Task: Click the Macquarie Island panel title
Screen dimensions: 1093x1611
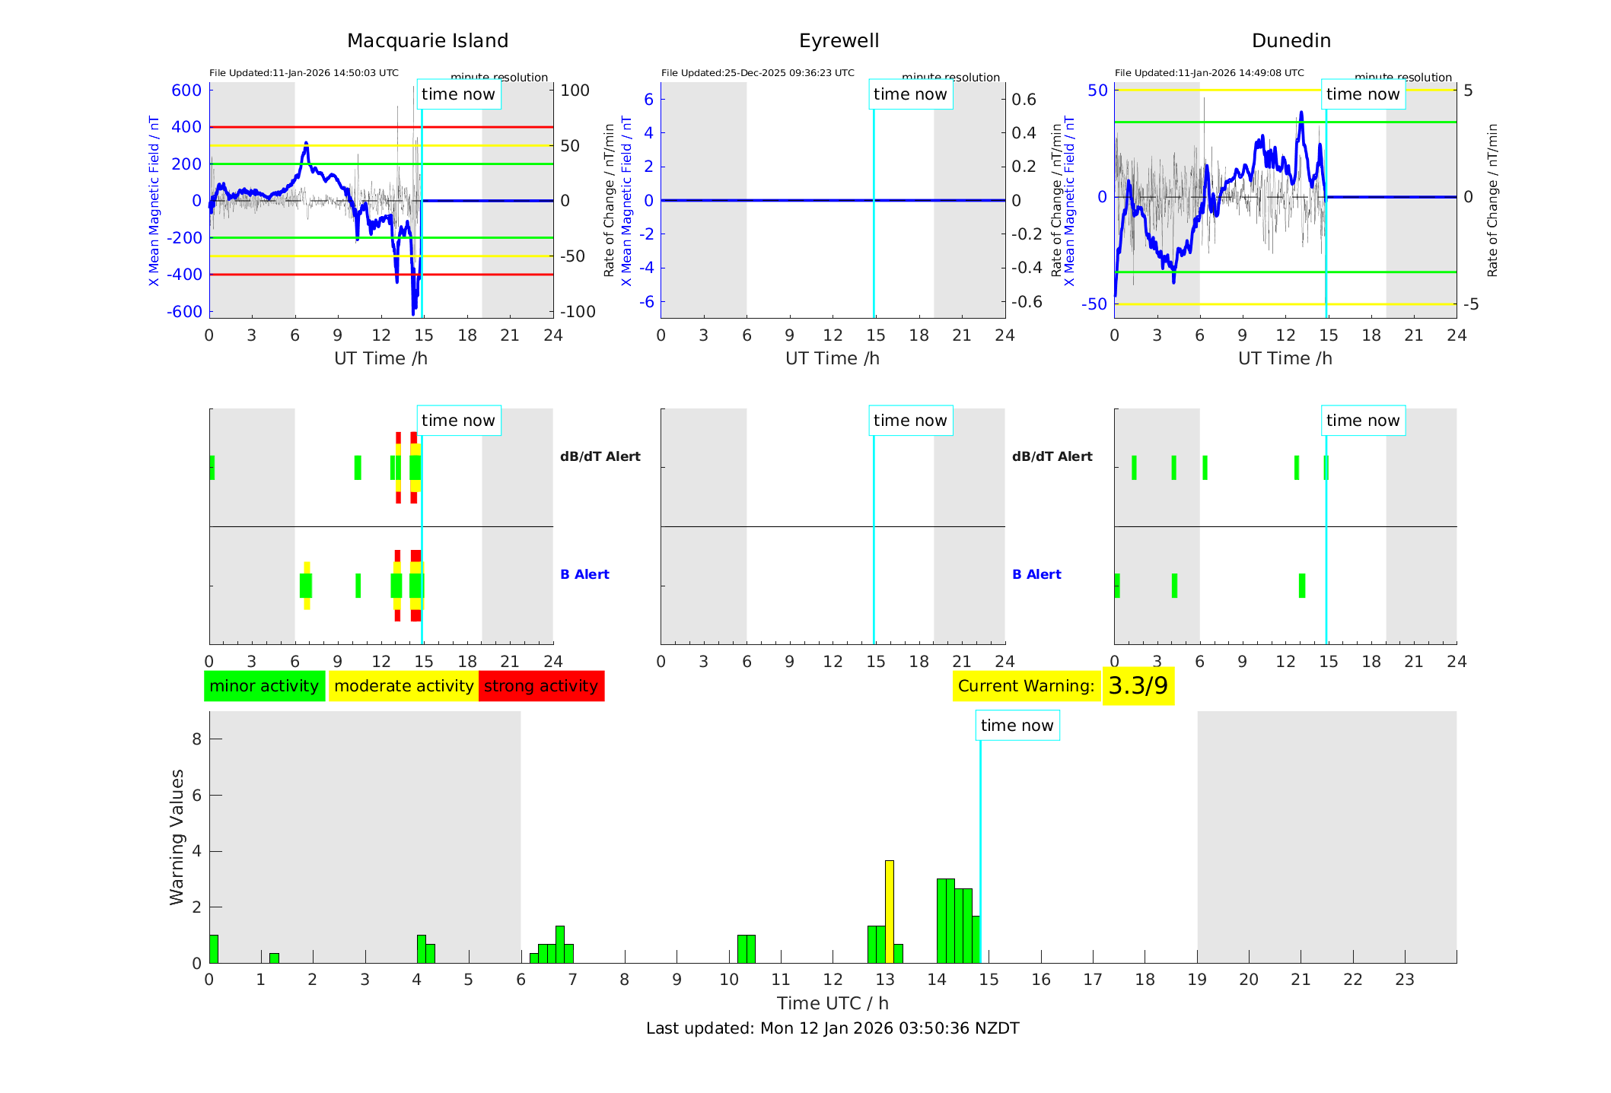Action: tap(427, 41)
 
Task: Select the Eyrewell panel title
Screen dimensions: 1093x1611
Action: tap(839, 41)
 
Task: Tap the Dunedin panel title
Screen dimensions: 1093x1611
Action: tap(1291, 41)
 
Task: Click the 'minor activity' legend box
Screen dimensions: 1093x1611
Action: tap(264, 686)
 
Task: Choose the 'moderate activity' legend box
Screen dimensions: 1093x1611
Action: tap(403, 686)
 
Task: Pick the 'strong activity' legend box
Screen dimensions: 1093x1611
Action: tap(541, 686)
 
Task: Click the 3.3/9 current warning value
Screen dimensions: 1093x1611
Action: tap(1138, 686)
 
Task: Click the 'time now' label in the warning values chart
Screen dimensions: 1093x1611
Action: tap(1017, 726)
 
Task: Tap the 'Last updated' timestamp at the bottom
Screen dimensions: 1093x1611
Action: tap(833, 1028)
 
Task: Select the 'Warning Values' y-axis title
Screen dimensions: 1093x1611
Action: tap(177, 837)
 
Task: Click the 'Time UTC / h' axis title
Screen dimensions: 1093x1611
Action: tap(833, 1003)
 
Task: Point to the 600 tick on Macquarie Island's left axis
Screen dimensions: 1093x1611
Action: tap(186, 91)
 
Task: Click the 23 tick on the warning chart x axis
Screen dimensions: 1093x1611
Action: tap(1404, 980)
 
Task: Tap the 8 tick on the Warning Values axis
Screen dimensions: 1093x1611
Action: tap(196, 739)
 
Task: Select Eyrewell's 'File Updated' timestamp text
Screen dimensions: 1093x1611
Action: tap(757, 73)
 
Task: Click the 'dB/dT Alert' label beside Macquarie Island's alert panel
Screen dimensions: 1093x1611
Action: tap(600, 456)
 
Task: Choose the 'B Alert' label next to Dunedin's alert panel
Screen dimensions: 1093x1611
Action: tap(1036, 574)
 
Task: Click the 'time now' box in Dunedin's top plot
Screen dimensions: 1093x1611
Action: tap(1362, 94)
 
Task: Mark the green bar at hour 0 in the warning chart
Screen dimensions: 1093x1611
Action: tap(214, 948)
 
